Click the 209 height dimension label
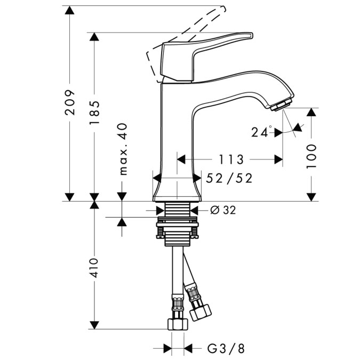[x=70, y=102]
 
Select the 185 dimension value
[x=94, y=113]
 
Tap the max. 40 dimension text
[x=123, y=149]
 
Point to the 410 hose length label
[x=94, y=268]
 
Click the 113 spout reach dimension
[x=231, y=159]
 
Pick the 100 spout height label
[x=311, y=157]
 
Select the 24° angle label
[x=261, y=132]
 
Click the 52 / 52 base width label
[x=229, y=178]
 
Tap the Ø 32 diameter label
[x=223, y=210]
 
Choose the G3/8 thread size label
[x=226, y=348]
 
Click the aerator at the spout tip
[x=281, y=105]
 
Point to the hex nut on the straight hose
[x=178, y=324]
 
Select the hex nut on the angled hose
[x=200, y=313]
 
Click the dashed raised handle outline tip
[x=223, y=9]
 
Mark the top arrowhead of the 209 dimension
[x=69, y=10]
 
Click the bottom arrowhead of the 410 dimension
[x=94, y=325]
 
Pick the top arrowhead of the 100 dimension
[x=311, y=113]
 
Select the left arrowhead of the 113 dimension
[x=181, y=159]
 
